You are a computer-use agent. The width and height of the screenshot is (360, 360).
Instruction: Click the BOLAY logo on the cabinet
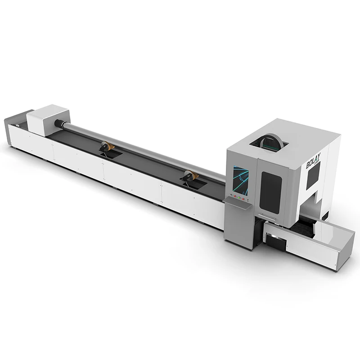click(x=314, y=162)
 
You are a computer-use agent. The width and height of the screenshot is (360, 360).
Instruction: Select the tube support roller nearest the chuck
click(x=106, y=147)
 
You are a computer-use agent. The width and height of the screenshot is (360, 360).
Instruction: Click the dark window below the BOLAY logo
click(x=314, y=179)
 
